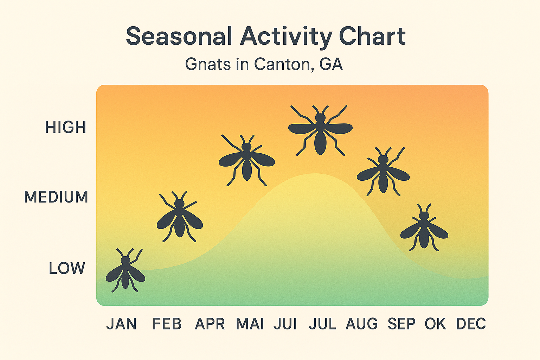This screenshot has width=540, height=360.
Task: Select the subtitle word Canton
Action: pyautogui.click(x=282, y=64)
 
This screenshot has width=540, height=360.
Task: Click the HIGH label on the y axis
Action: pyautogui.click(x=66, y=127)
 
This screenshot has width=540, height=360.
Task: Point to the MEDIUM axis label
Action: pyautogui.click(x=56, y=197)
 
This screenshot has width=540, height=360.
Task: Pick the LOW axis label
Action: pyautogui.click(x=67, y=269)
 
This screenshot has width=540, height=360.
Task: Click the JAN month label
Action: pyautogui.click(x=122, y=324)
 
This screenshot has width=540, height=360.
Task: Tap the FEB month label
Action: pyautogui.click(x=167, y=324)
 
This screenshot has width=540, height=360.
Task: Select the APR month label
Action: pyautogui.click(x=210, y=324)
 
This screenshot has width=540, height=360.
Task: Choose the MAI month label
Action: pyautogui.click(x=250, y=324)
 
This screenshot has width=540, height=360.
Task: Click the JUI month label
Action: pyautogui.click(x=285, y=324)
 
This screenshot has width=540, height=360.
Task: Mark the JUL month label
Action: pyautogui.click(x=322, y=324)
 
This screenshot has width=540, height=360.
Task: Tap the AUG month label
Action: pyautogui.click(x=362, y=324)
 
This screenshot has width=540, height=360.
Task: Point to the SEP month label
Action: pyautogui.click(x=401, y=324)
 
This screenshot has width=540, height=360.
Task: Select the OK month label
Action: pyautogui.click(x=436, y=324)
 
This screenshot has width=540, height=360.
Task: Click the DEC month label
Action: pyautogui.click(x=471, y=324)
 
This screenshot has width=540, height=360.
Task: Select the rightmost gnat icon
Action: pyautogui.click(x=424, y=228)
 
